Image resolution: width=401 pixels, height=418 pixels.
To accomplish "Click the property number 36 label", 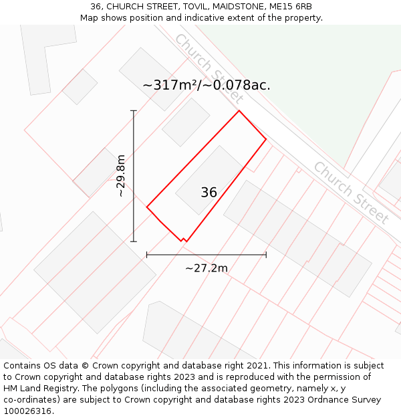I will click(x=209, y=193).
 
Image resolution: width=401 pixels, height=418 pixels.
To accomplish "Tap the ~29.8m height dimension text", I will click(x=120, y=176).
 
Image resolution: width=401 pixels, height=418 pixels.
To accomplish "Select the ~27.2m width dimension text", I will click(x=207, y=268).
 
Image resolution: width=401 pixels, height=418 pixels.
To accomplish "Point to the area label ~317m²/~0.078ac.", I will click(x=207, y=85).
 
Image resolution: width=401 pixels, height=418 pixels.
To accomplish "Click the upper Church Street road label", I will click(x=207, y=67).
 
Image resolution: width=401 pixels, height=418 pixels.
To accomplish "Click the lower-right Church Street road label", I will click(x=351, y=192).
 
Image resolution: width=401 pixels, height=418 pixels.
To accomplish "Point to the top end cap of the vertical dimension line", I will click(x=134, y=110).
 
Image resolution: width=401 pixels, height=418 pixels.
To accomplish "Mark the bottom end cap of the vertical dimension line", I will click(x=134, y=241).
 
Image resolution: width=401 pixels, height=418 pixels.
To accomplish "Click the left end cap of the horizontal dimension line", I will click(x=147, y=255).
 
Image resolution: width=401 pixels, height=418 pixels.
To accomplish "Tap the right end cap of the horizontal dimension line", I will click(x=266, y=255).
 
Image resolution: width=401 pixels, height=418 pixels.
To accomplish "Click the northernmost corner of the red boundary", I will click(x=239, y=110).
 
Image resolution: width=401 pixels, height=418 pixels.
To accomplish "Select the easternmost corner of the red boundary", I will click(x=266, y=139).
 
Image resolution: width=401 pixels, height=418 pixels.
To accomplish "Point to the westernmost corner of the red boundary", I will click(x=147, y=207).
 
